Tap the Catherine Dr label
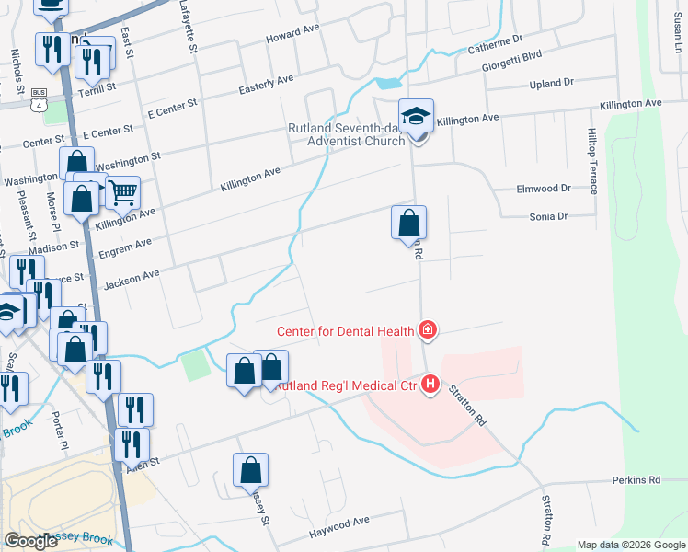coord(495,43)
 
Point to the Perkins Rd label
coord(636,480)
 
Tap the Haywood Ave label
coord(338,524)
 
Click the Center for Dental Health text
coord(346,330)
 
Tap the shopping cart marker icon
coord(122,193)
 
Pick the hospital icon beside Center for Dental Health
coord(427,329)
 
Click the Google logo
coord(30,541)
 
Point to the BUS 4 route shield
coord(39,100)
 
